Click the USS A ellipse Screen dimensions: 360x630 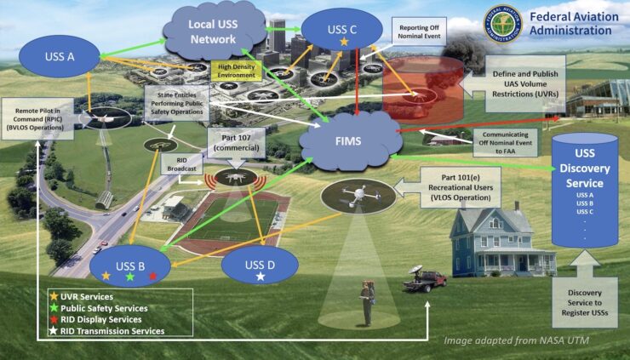[x=59, y=57]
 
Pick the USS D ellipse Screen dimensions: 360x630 [x=260, y=268]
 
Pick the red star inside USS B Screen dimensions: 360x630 [x=152, y=277]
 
